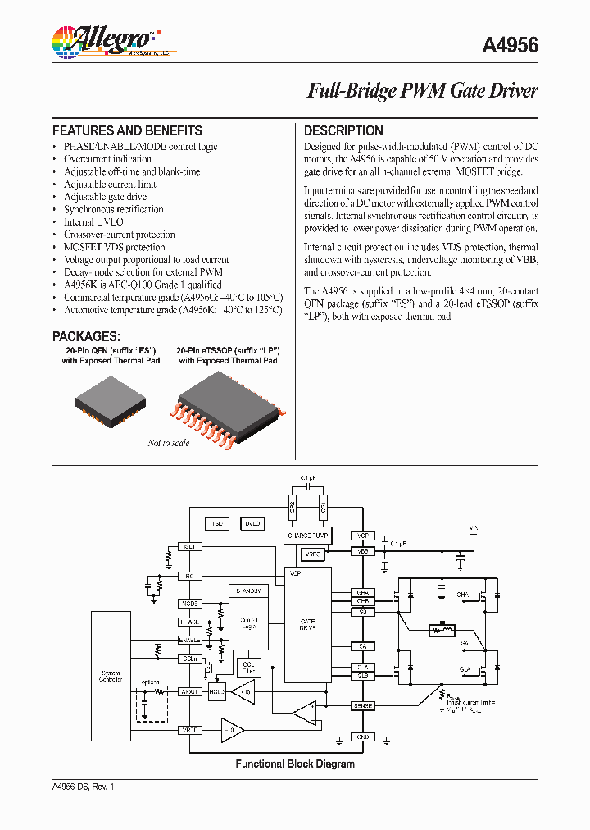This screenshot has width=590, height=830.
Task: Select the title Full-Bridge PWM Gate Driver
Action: [422, 90]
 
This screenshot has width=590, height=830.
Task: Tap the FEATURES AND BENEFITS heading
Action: [127, 130]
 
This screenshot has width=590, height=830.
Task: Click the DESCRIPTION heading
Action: [343, 130]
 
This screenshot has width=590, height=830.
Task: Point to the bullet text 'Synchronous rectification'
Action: [114, 209]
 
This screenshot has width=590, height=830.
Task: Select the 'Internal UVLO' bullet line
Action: [93, 221]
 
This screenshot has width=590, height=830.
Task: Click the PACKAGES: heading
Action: [86, 336]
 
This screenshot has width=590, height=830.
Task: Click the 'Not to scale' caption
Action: [168, 443]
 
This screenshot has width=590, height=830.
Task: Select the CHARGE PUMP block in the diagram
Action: [306, 536]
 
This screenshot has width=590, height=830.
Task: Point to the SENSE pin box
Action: [362, 705]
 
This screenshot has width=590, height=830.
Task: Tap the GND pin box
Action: [362, 737]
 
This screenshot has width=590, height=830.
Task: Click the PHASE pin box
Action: [189, 622]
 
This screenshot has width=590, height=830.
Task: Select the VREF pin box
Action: [189, 729]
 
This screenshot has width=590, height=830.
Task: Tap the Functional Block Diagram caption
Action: [295, 764]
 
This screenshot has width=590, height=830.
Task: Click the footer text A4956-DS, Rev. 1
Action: [84, 787]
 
